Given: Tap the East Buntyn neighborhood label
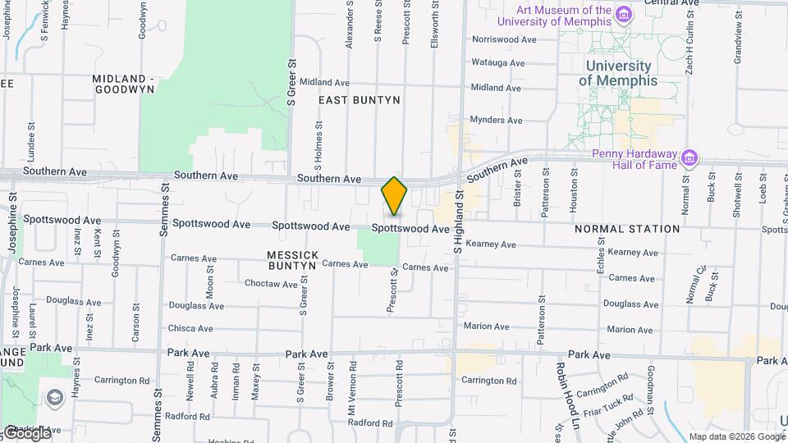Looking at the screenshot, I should tap(360, 100).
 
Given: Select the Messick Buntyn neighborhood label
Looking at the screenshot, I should tap(291, 260).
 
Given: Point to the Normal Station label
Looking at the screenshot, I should tap(628, 229).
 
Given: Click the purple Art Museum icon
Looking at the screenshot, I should tap(624, 14).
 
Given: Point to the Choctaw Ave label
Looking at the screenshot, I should tap(271, 284).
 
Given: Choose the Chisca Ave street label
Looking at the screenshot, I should tap(190, 328).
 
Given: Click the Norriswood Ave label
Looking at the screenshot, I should tap(504, 39).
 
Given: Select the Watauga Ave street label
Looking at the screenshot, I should tap(497, 63).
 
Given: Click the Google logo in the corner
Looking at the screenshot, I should tap(26, 432).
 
